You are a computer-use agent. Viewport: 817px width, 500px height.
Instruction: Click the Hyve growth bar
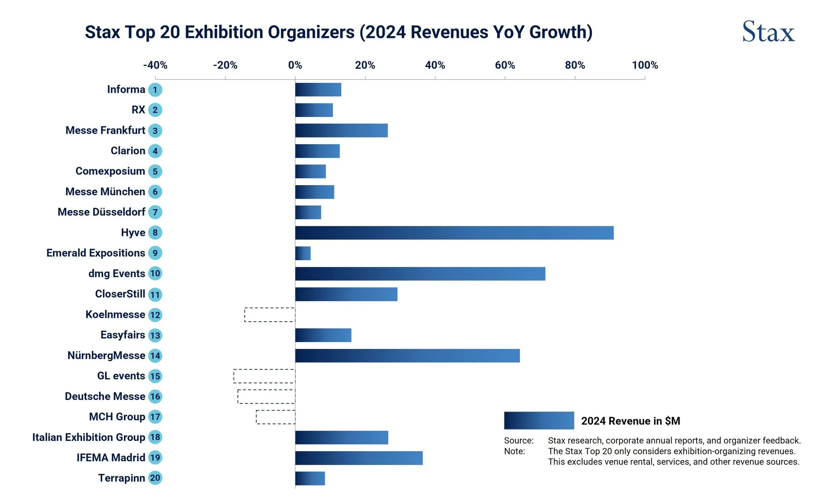454,233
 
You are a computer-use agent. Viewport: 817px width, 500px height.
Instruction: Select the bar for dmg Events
420,274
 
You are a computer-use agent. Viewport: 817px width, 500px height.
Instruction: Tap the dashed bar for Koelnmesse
270,315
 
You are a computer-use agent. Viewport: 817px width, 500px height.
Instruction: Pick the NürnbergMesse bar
407,356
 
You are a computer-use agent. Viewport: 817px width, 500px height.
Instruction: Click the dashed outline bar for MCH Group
276,417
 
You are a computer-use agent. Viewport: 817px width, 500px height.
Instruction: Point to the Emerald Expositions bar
303,253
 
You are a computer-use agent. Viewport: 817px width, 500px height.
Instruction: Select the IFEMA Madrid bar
359,458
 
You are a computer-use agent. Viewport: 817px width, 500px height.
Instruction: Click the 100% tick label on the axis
645,65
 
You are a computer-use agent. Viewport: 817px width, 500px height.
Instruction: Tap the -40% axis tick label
155,65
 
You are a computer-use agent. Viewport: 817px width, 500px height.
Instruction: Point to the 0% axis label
295,65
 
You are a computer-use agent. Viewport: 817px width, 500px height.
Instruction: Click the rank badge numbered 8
155,233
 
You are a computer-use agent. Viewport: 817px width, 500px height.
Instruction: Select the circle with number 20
155,478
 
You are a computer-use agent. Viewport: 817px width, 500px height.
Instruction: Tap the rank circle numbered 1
155,90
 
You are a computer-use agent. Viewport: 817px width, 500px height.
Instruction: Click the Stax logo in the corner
768,32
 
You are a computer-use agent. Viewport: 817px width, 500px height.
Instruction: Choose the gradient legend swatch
539,420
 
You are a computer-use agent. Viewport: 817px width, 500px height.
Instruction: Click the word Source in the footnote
518,440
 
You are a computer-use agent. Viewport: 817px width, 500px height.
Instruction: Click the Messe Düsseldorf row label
101,212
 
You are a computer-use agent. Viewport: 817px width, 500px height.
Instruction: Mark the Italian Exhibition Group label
89,437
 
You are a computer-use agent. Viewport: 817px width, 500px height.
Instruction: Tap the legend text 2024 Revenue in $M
631,421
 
